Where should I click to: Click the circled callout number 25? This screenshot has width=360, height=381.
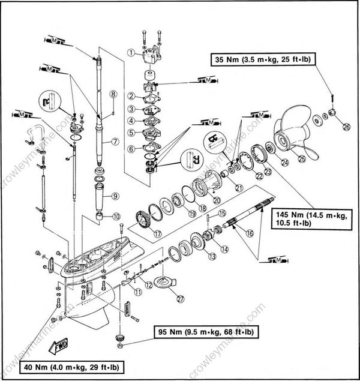coord(302,159)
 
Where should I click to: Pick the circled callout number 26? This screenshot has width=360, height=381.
coord(346,127)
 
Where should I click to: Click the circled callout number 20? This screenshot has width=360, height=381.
coord(217,200)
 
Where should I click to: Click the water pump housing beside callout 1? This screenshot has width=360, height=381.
coord(148,60)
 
